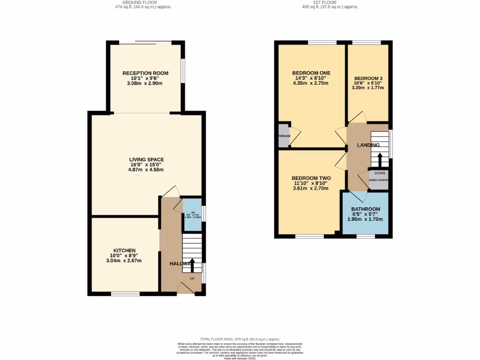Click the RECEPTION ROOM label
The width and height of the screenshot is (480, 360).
[x=145, y=73]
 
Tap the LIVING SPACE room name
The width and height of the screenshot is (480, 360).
[x=147, y=160]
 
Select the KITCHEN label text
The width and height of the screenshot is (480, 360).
[x=124, y=250]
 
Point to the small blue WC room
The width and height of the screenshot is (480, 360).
[x=192, y=215]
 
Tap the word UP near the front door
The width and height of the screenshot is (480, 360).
[x=192, y=279]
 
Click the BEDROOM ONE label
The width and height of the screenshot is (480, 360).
[x=311, y=73]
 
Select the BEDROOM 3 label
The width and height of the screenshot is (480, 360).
[x=368, y=78]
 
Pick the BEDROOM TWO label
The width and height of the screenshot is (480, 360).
[x=311, y=178]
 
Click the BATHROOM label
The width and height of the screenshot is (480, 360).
[x=366, y=209]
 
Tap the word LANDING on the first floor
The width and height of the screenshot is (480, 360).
[x=368, y=145]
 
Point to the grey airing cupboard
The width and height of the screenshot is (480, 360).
[x=379, y=180]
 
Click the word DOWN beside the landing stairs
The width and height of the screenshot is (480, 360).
[x=380, y=173]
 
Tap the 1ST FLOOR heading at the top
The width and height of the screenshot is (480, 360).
[x=330, y=2]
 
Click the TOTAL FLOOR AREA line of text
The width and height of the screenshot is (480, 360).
[x=240, y=339]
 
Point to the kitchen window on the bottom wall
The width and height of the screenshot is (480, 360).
[x=125, y=294]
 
